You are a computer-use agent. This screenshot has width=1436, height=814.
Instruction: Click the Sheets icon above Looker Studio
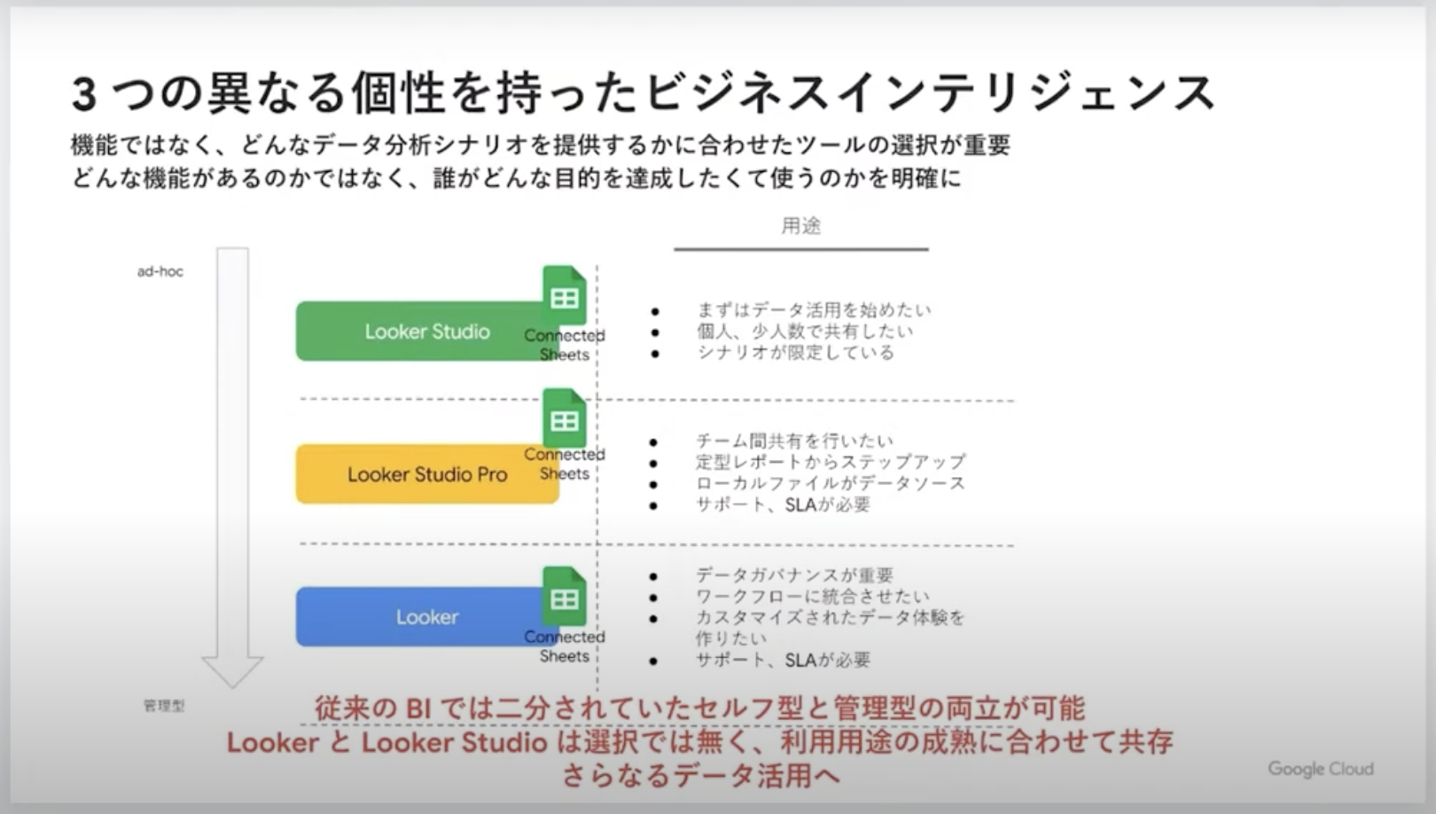[564, 295]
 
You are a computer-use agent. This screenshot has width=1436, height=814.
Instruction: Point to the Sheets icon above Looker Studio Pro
[564, 419]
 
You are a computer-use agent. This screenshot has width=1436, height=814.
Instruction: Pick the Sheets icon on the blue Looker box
[564, 597]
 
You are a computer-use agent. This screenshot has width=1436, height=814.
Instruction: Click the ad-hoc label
[160, 271]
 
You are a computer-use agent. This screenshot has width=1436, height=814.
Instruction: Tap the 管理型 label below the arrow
[164, 706]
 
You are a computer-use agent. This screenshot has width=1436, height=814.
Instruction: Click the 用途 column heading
[800, 226]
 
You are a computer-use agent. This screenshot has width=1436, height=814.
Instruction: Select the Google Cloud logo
[1321, 769]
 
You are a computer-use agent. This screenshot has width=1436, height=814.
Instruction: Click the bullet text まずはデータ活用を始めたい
[814, 310]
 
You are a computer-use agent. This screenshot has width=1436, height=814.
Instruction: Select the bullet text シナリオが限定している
[796, 353]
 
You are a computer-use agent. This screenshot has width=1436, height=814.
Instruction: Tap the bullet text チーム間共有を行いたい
[795, 442]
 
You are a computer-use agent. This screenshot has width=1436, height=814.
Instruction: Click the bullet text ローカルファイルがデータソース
[831, 483]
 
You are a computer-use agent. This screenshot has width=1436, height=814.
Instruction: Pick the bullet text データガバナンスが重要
[795, 575]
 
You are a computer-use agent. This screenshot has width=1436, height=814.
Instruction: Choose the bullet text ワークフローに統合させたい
[813, 597]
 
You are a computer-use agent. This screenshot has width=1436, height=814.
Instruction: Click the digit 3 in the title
[84, 94]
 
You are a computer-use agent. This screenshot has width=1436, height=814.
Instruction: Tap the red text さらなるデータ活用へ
[700, 775]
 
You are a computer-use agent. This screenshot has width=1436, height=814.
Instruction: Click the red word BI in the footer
[418, 708]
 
